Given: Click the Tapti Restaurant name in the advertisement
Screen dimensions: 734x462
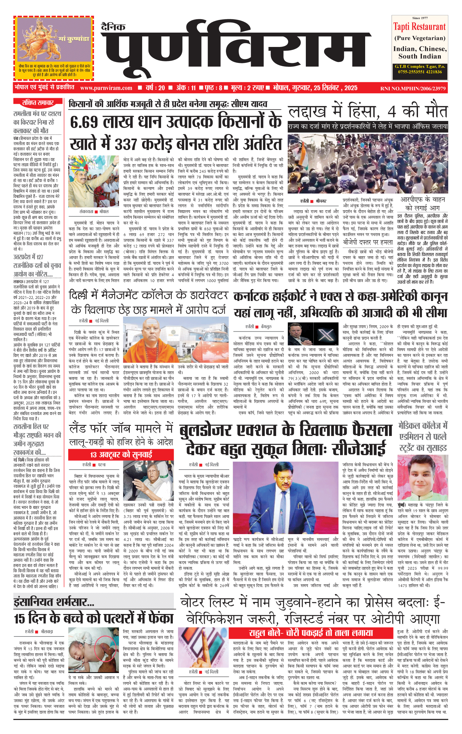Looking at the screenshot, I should coord(419,27).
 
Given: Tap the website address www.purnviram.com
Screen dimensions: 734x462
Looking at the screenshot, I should coord(106,88).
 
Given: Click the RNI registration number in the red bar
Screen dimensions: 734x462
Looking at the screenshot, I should coord(413,88).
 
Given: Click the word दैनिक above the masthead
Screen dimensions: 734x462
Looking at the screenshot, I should coord(113,27).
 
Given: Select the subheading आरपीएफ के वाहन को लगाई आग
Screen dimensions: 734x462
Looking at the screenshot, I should coord(423,203).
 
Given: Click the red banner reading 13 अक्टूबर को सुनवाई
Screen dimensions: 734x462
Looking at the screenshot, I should coord(121,455).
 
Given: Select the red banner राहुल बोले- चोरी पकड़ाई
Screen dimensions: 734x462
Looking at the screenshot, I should coord(311,633).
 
